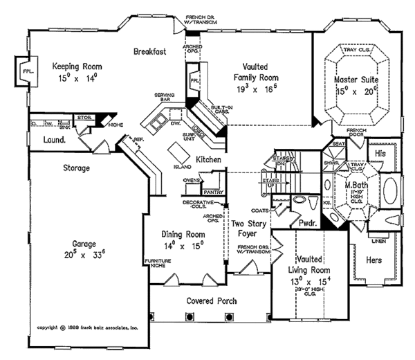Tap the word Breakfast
point(150,51)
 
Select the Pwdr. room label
point(307,224)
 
